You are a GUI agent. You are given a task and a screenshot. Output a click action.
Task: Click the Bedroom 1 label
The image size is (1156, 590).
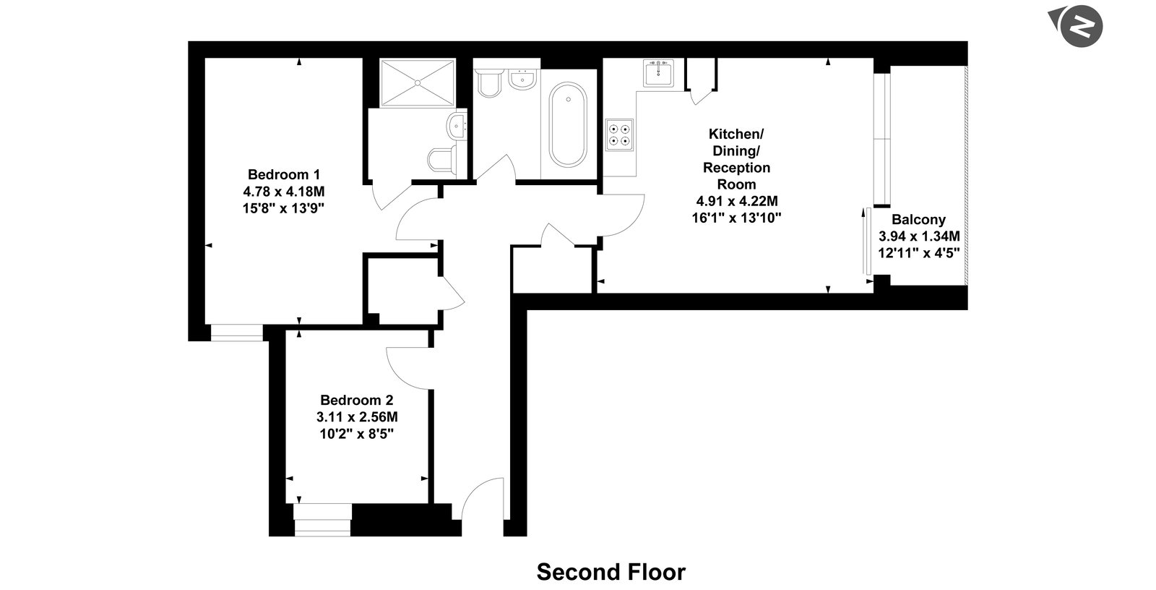(284, 174)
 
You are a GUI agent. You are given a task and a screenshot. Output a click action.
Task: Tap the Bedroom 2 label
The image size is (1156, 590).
(357, 400)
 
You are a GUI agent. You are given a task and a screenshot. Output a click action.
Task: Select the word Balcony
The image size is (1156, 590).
(918, 220)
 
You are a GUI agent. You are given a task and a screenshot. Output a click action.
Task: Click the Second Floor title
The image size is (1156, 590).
(611, 572)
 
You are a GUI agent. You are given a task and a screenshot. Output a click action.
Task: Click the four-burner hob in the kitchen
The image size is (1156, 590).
(619, 134)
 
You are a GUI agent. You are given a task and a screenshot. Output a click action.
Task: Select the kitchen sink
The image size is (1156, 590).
(658, 73)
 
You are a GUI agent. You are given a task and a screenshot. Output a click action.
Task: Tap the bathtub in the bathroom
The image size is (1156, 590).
(568, 124)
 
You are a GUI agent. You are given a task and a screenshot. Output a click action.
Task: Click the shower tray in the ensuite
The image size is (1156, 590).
(418, 82)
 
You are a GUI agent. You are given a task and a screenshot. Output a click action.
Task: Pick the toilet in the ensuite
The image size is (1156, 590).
(443, 161)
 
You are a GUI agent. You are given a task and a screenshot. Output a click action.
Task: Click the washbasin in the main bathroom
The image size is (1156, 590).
(522, 79)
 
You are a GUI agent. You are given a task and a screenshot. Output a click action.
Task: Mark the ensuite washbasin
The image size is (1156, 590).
(457, 125)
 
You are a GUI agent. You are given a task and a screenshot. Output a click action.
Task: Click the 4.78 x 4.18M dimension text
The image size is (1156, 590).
(284, 192)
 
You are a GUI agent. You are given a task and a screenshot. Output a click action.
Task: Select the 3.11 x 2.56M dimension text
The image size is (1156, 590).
(357, 417)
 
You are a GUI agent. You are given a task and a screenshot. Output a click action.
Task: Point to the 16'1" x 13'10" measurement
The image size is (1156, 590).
(736, 218)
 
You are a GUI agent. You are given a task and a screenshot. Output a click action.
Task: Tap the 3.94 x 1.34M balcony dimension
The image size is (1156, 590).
(919, 236)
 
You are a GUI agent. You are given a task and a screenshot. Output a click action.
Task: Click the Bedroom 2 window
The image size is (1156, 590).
(322, 520)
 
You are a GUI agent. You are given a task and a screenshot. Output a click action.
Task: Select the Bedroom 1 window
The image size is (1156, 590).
(237, 333)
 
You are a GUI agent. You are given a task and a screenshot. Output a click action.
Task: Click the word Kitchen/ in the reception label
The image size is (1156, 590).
(736, 134)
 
